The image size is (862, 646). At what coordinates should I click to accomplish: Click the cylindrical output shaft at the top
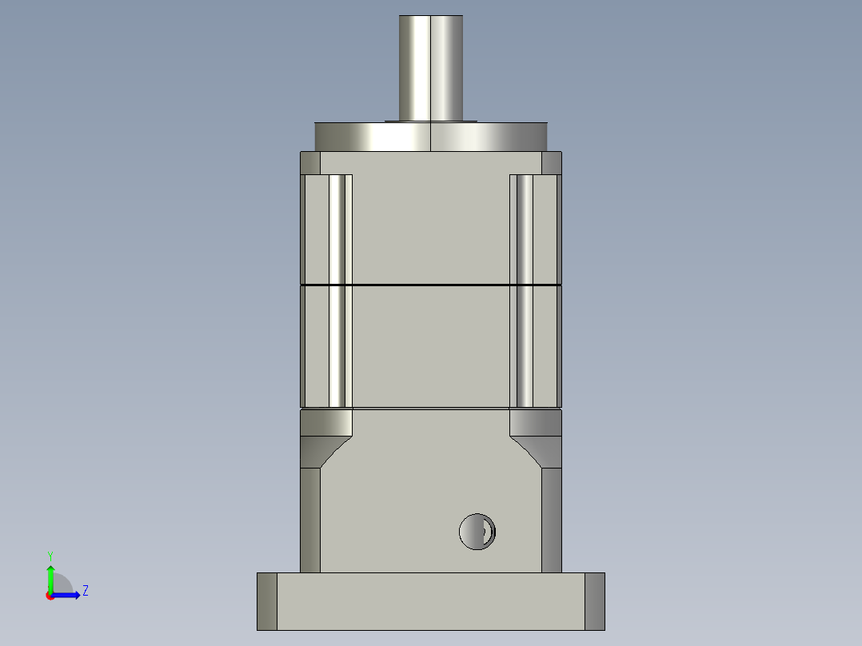431,68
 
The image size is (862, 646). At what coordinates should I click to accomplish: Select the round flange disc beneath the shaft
431,137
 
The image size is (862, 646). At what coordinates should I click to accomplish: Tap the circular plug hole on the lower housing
477,531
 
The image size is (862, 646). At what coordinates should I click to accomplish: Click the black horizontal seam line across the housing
431,285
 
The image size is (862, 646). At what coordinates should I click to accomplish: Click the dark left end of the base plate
267,601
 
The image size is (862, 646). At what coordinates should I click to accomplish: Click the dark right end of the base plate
595,601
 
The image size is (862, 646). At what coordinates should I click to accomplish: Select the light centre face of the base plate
431,601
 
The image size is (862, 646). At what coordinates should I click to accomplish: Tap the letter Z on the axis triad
85,591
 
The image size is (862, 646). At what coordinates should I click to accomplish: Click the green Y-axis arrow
50,577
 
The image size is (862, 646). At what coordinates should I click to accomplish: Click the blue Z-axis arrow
68,595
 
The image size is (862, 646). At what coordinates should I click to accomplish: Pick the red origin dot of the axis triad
50,596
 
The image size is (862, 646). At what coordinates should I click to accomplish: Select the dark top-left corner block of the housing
310,162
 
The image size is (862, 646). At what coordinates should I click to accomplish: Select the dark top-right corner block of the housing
552,162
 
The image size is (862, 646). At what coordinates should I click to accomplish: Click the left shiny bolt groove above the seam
339,229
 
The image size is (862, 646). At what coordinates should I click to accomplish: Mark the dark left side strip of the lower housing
310,520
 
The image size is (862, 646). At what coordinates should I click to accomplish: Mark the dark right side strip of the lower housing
552,520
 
